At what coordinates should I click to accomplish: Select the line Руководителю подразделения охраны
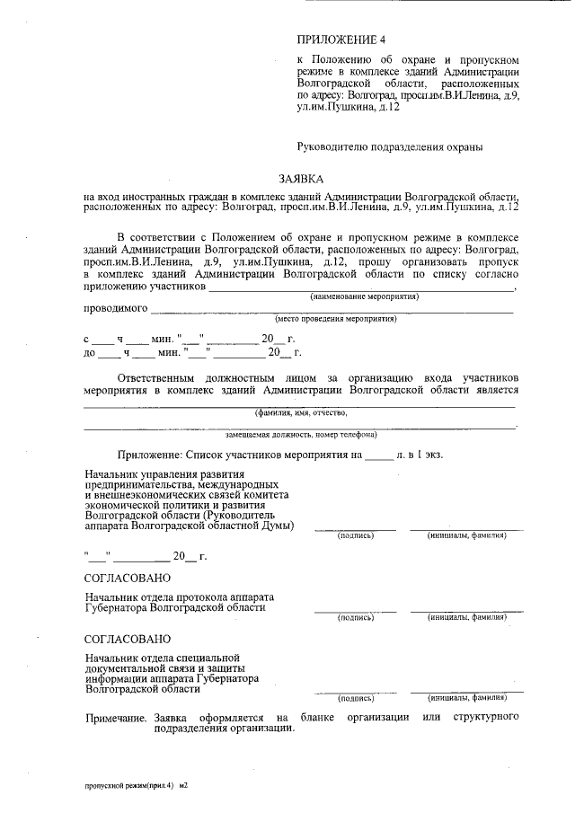pyautogui.click(x=390, y=145)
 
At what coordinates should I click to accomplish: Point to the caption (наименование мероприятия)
pyautogui.click(x=364, y=296)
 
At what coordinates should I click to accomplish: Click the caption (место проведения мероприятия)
pyautogui.click(x=335, y=318)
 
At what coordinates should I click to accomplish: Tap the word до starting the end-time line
pyautogui.click(x=89, y=353)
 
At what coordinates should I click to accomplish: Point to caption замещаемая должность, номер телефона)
pyautogui.click(x=300, y=434)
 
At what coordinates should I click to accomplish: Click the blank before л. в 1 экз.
pyautogui.click(x=378, y=455)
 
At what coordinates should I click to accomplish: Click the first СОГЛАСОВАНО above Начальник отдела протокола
pyautogui.click(x=127, y=578)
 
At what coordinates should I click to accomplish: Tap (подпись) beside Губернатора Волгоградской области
pyautogui.click(x=355, y=617)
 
